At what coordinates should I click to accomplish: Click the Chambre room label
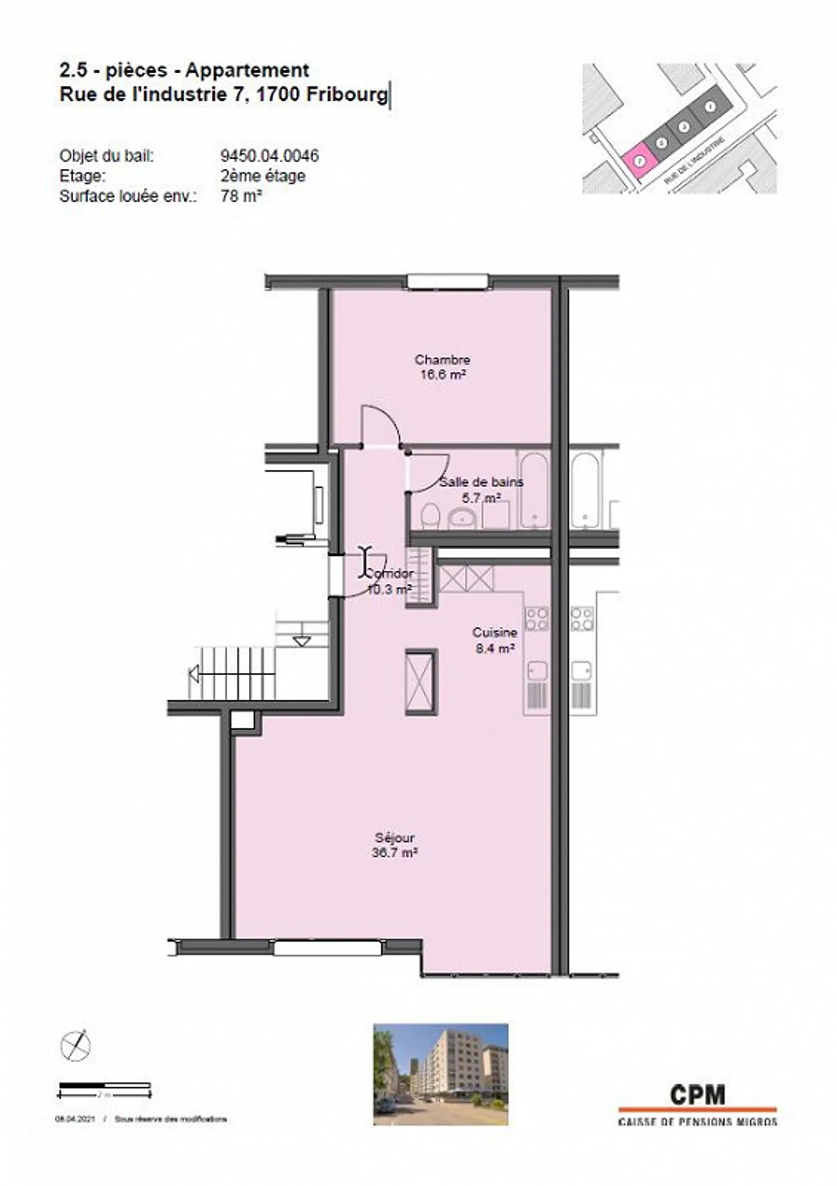(442, 359)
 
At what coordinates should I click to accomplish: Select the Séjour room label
(395, 838)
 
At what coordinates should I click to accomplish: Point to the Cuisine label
(495, 632)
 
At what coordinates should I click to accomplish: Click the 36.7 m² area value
(395, 853)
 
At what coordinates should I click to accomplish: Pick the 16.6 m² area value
(443, 375)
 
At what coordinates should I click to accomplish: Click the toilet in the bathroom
(430, 515)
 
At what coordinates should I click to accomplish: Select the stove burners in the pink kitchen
(536, 619)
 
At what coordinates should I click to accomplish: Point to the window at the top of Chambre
(447, 282)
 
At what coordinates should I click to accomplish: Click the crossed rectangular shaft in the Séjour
(421, 682)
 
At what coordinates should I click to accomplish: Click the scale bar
(105, 1086)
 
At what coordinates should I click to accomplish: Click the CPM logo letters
(697, 1095)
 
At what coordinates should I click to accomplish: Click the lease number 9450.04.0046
(270, 156)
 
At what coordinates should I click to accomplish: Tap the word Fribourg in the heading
(347, 94)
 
